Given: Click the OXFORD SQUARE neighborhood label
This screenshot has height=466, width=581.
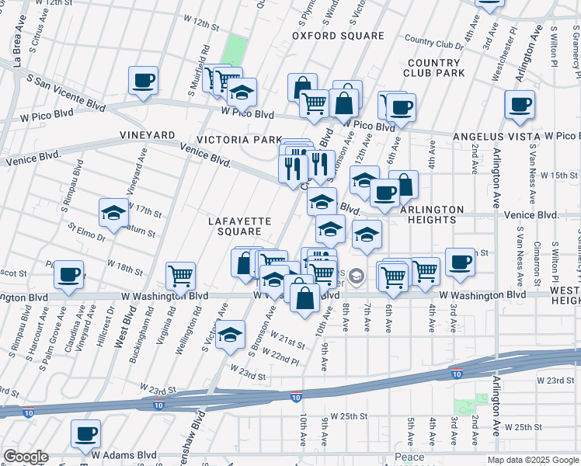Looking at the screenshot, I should [x=338, y=36].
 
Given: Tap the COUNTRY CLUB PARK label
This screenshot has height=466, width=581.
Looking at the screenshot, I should [x=434, y=68].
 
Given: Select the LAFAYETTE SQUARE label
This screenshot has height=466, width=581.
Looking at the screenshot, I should [x=240, y=226].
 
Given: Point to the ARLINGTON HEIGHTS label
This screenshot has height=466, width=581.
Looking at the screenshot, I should [x=432, y=215].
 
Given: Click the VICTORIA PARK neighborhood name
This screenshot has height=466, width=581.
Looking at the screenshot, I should [x=239, y=140].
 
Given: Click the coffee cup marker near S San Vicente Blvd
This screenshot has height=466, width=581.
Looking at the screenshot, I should [x=143, y=80].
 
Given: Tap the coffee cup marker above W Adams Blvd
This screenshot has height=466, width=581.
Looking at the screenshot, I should [x=85, y=433].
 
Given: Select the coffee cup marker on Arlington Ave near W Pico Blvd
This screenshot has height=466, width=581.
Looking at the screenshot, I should [x=519, y=104].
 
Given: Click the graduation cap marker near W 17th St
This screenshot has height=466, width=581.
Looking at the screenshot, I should [x=113, y=213].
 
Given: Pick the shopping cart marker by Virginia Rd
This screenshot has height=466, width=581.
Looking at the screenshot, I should [x=180, y=275].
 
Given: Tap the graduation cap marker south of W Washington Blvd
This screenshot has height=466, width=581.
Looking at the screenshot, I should [x=230, y=334].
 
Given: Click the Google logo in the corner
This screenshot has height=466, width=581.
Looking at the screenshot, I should [x=26, y=457].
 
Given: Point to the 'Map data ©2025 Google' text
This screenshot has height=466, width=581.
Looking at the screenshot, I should [x=532, y=460].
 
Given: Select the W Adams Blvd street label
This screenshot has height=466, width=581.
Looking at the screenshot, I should [x=124, y=455].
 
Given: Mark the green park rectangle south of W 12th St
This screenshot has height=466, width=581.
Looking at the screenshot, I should [x=235, y=50].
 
